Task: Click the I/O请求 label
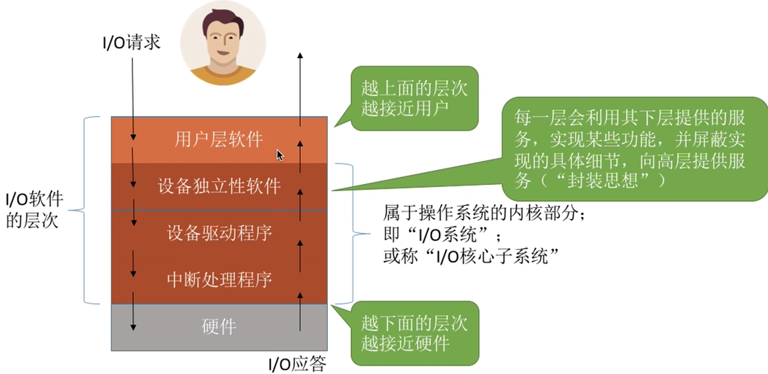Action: (x=131, y=43)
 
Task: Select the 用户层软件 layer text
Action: (x=218, y=140)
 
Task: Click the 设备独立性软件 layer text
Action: (x=219, y=186)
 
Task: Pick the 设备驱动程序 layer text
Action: (x=219, y=233)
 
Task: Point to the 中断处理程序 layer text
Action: (x=219, y=280)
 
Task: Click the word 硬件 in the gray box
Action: (x=219, y=327)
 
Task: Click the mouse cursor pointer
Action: (x=280, y=155)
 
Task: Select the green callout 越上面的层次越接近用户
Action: (x=414, y=99)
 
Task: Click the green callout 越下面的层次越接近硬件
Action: (x=414, y=333)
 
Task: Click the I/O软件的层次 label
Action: (x=34, y=209)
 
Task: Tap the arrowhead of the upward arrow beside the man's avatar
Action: (x=300, y=55)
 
